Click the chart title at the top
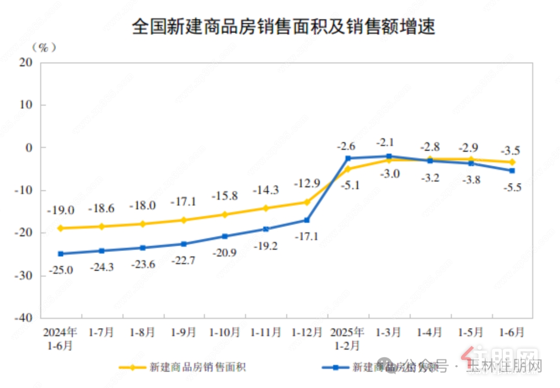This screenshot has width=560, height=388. pos(283,26)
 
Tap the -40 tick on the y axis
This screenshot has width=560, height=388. pos(24,318)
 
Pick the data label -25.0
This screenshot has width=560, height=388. pos(61,270)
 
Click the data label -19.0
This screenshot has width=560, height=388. pos(61,210)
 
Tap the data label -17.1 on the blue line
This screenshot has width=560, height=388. pos(307,237)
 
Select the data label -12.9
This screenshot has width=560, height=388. pos(307,183)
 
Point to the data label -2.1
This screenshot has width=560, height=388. pos(389,142)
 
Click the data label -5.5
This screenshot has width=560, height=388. pos(512,188)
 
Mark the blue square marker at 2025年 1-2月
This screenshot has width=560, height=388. pos(348,158)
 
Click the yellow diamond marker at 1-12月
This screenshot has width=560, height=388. pos(307,202)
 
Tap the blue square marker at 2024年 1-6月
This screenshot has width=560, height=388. pos(61,254)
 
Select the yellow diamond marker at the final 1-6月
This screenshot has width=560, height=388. pos(512,162)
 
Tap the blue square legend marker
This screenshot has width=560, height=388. pos(335,367)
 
